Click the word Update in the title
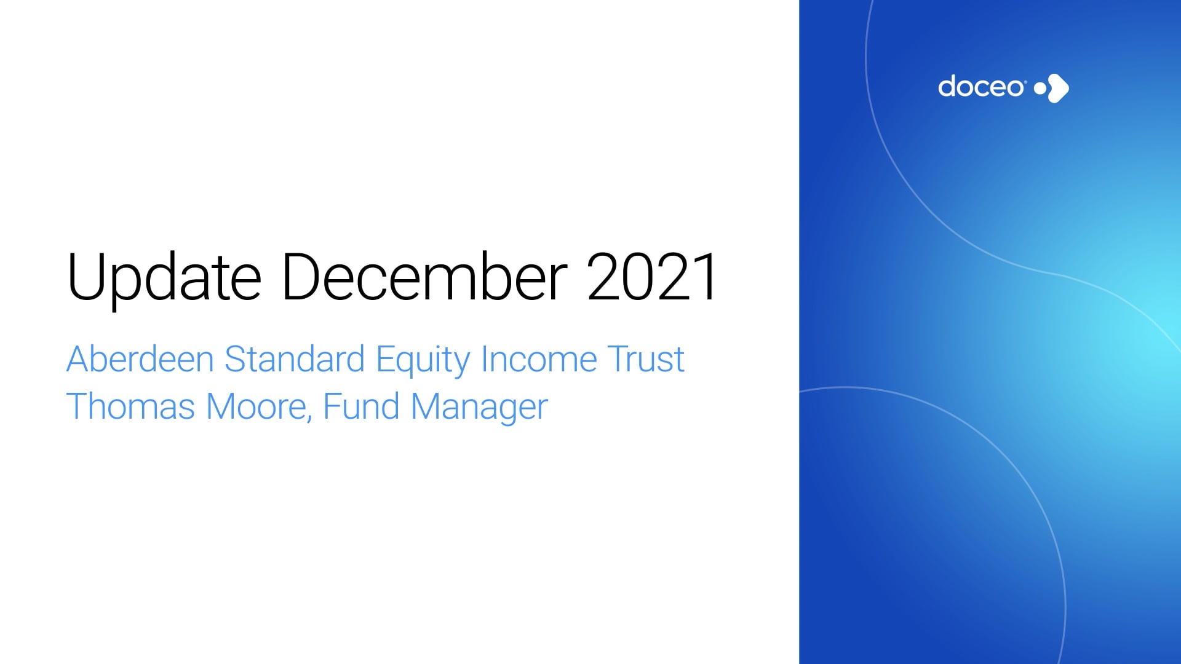tap(164, 278)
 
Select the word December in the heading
tap(424, 277)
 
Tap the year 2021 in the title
tap(652, 277)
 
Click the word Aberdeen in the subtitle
tap(140, 359)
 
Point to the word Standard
tap(295, 359)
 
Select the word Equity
tap(423, 360)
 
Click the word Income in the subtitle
tap(539, 359)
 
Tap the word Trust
tap(646, 359)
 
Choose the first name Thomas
tap(130, 407)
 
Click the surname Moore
tap(256, 407)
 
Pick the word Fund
tap(361, 407)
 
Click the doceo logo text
tap(981, 87)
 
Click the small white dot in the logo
tap(1040, 88)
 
